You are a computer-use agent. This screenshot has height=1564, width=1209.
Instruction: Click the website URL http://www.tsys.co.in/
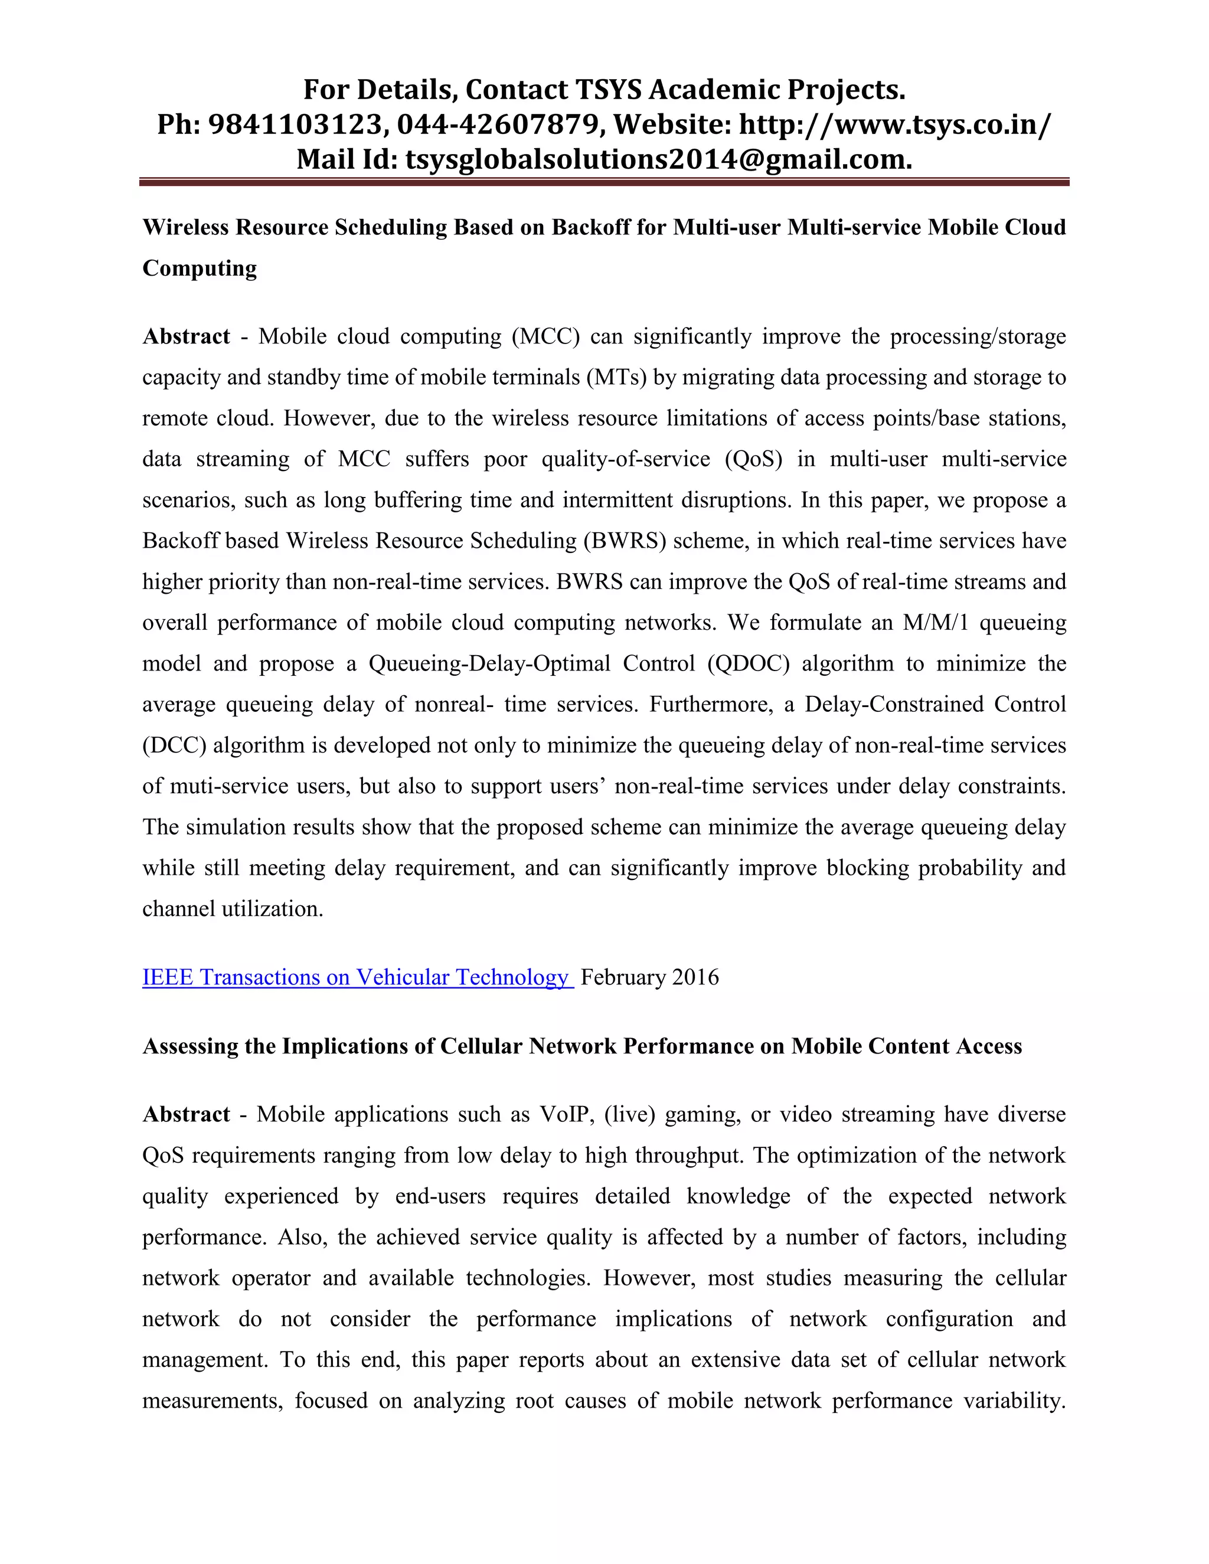click(896, 125)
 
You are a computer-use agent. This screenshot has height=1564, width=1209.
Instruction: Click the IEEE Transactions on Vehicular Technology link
click(356, 977)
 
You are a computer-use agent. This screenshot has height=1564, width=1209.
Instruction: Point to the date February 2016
click(649, 977)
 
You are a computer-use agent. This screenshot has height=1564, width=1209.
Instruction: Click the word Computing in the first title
click(199, 268)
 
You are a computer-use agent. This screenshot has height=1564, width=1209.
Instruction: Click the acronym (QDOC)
click(749, 663)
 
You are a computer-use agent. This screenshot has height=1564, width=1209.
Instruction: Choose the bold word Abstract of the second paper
click(186, 1114)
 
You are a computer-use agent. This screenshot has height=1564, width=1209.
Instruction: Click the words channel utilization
click(233, 908)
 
